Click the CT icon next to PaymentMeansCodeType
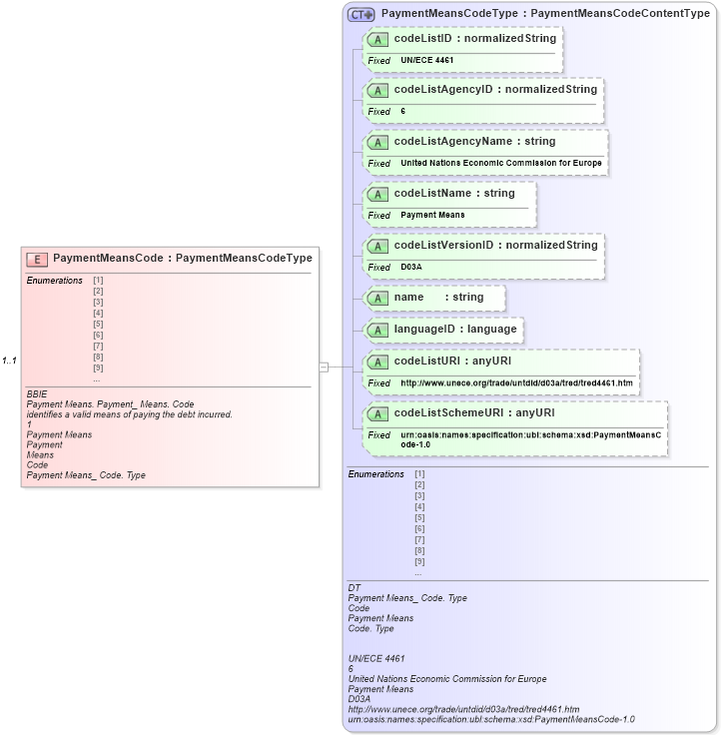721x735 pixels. point(361,15)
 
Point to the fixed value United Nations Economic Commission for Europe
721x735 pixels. point(501,163)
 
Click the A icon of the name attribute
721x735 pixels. point(377,298)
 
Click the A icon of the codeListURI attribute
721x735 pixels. point(377,361)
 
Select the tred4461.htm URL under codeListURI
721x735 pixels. point(515,382)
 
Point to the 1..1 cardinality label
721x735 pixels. point(11,361)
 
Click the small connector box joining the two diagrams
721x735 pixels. point(324,367)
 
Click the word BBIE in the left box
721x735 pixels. point(37,394)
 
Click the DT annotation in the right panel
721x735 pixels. point(354,587)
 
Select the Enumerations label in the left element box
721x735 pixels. point(54,281)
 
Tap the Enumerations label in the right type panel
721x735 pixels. point(375,474)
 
